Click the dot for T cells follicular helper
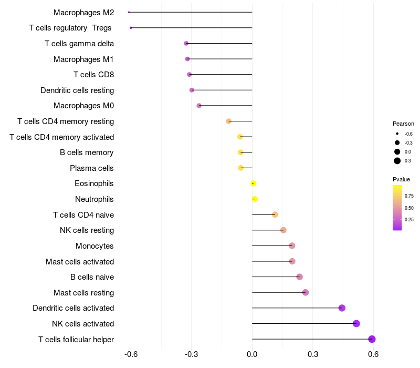pyautogui.click(x=372, y=339)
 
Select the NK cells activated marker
pyautogui.click(x=356, y=323)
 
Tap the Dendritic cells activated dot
pyautogui.click(x=342, y=308)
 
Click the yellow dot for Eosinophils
pyautogui.click(x=254, y=183)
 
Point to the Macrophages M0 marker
pyautogui.click(x=199, y=106)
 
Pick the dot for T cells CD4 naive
pyautogui.click(x=275, y=214)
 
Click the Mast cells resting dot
pyautogui.click(x=306, y=292)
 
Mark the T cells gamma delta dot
pyautogui.click(x=186, y=43)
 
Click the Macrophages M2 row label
pyautogui.click(x=83, y=12)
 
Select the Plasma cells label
pyautogui.click(x=91, y=168)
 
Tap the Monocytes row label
pyautogui.click(x=94, y=246)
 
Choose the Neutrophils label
pyautogui.click(x=94, y=199)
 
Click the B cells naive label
pyautogui.click(x=92, y=277)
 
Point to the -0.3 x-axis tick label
pyautogui.click(x=191, y=354)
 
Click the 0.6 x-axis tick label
pyautogui.click(x=373, y=354)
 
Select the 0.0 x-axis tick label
pyautogui.click(x=252, y=354)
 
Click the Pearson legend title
pyautogui.click(x=403, y=124)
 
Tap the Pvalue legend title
pyautogui.click(x=401, y=179)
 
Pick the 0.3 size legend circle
pyautogui.click(x=397, y=161)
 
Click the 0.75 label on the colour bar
pyautogui.click(x=409, y=196)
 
